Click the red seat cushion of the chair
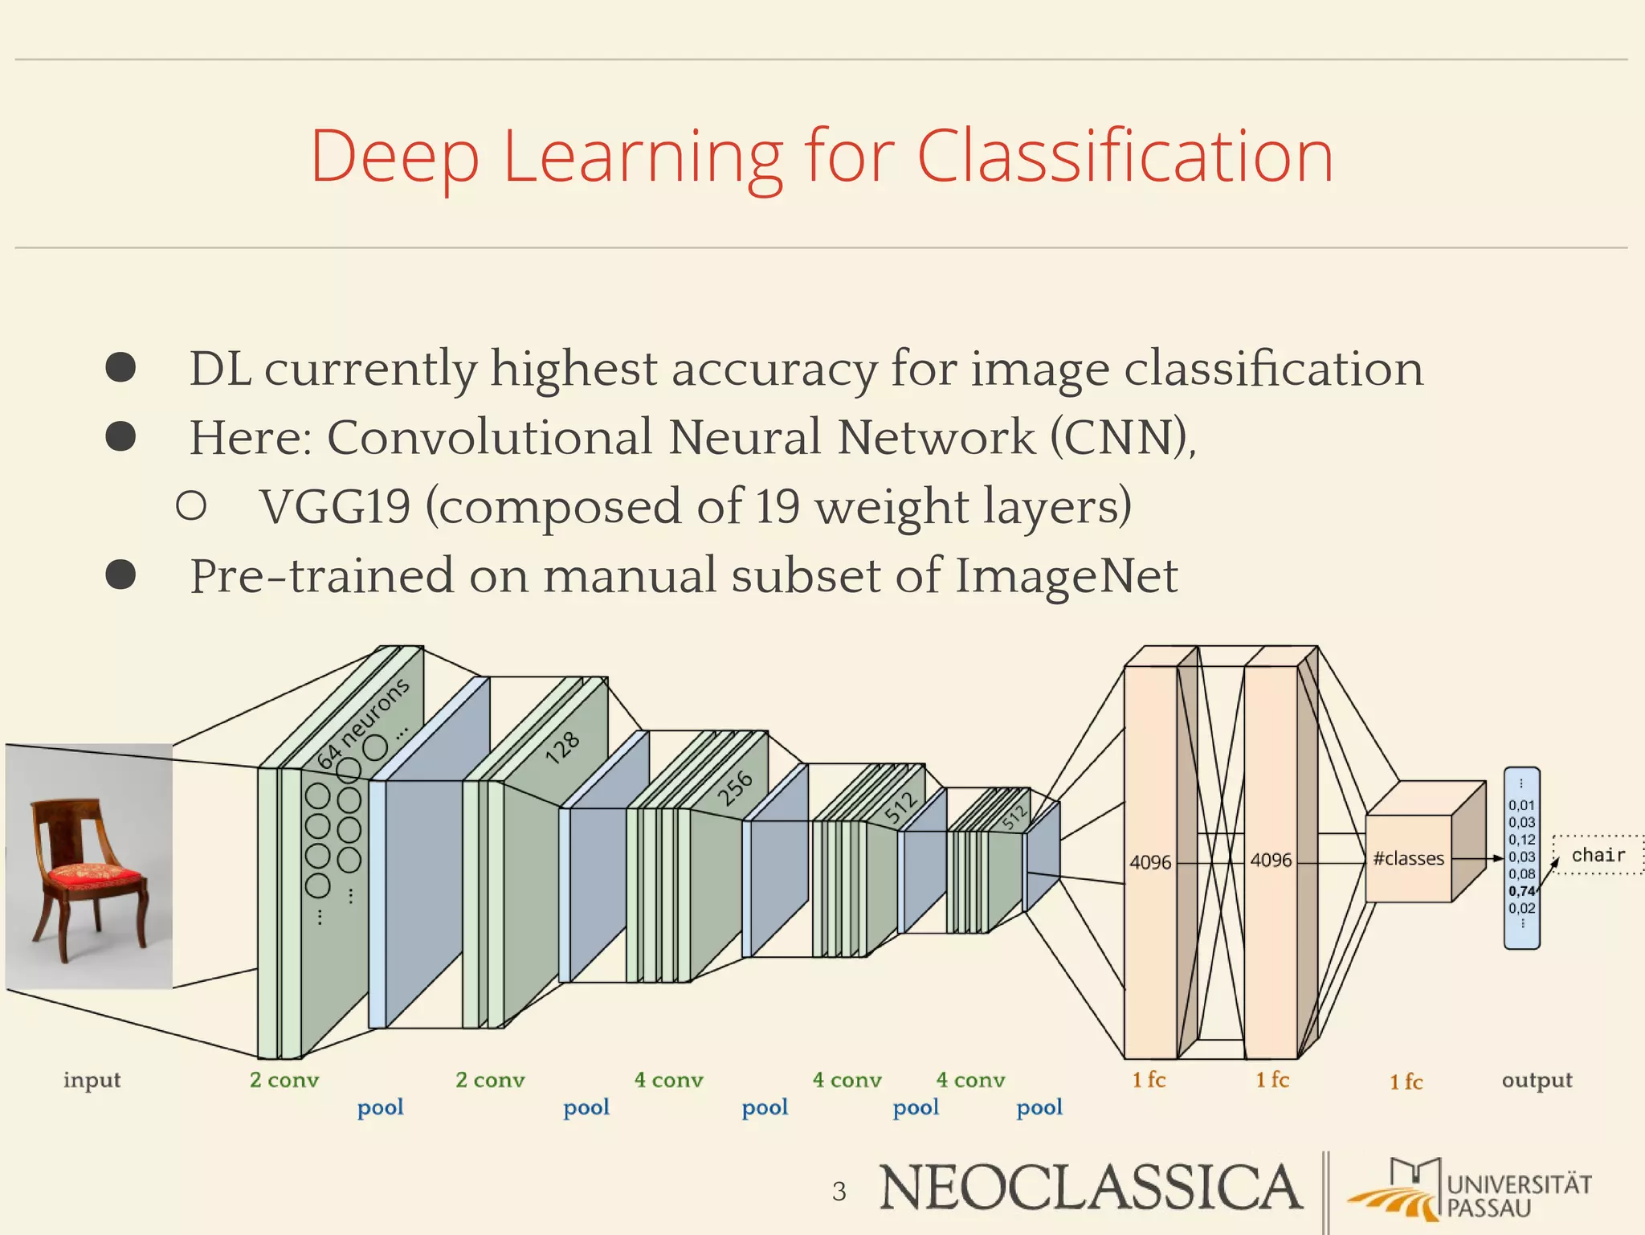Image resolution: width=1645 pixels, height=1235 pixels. (x=94, y=873)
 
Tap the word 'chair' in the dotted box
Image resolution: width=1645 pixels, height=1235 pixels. (x=1598, y=855)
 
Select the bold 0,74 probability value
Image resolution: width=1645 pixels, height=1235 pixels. (x=1521, y=890)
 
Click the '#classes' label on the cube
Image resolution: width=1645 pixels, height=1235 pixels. (x=1408, y=858)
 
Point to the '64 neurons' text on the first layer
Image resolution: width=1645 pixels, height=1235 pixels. (x=363, y=722)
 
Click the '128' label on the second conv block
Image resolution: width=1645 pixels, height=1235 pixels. (x=562, y=746)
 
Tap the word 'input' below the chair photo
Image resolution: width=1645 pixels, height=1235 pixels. (x=92, y=1080)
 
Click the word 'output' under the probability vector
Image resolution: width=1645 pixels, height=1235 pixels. (x=1537, y=1080)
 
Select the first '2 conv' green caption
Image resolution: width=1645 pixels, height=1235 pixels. (x=284, y=1080)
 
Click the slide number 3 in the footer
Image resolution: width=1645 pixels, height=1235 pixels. (x=839, y=1191)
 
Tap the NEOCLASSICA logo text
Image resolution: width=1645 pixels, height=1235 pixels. (x=1090, y=1188)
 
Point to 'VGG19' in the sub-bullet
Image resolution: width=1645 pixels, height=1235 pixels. (x=335, y=507)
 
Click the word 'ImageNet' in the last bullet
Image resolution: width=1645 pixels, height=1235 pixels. (x=1066, y=576)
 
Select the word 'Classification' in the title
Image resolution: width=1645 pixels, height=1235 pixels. (x=1125, y=156)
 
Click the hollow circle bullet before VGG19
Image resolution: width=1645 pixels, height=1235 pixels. (x=191, y=505)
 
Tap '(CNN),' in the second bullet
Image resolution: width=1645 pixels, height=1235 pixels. (x=1123, y=438)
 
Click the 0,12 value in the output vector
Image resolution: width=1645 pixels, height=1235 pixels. (x=1521, y=839)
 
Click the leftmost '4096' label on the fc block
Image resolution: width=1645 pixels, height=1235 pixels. (x=1150, y=862)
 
